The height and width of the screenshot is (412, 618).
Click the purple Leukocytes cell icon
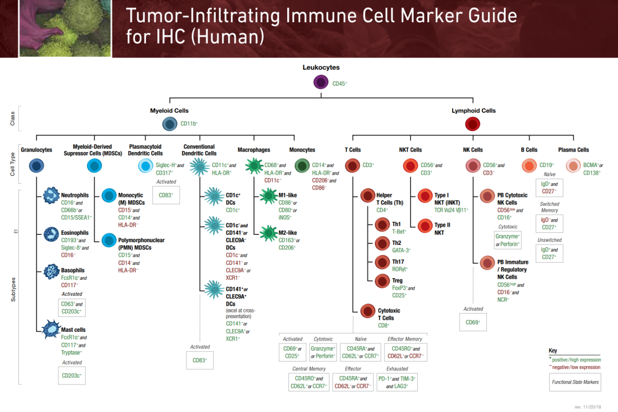pos(321,82)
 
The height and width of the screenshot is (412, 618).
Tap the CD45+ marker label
pos(340,84)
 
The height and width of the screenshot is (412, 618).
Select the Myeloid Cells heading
pos(169,110)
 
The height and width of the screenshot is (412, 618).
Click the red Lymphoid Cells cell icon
pos(472,124)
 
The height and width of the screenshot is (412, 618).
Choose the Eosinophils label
pos(75,233)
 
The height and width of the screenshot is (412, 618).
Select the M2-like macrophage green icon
pos(268,233)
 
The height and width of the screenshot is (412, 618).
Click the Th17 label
pos(398,262)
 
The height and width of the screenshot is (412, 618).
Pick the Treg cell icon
pos(382,281)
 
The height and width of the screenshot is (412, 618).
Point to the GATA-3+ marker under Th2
pos(401,250)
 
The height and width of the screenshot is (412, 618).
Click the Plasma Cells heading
pos(573,150)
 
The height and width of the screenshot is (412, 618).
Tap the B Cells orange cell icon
pos(529,166)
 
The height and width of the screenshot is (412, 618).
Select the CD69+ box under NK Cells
pos(473,322)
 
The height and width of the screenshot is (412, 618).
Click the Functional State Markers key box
pos(575,382)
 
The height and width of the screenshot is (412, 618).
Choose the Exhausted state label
pos(397,369)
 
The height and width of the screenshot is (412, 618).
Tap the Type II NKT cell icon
pos(425,225)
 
